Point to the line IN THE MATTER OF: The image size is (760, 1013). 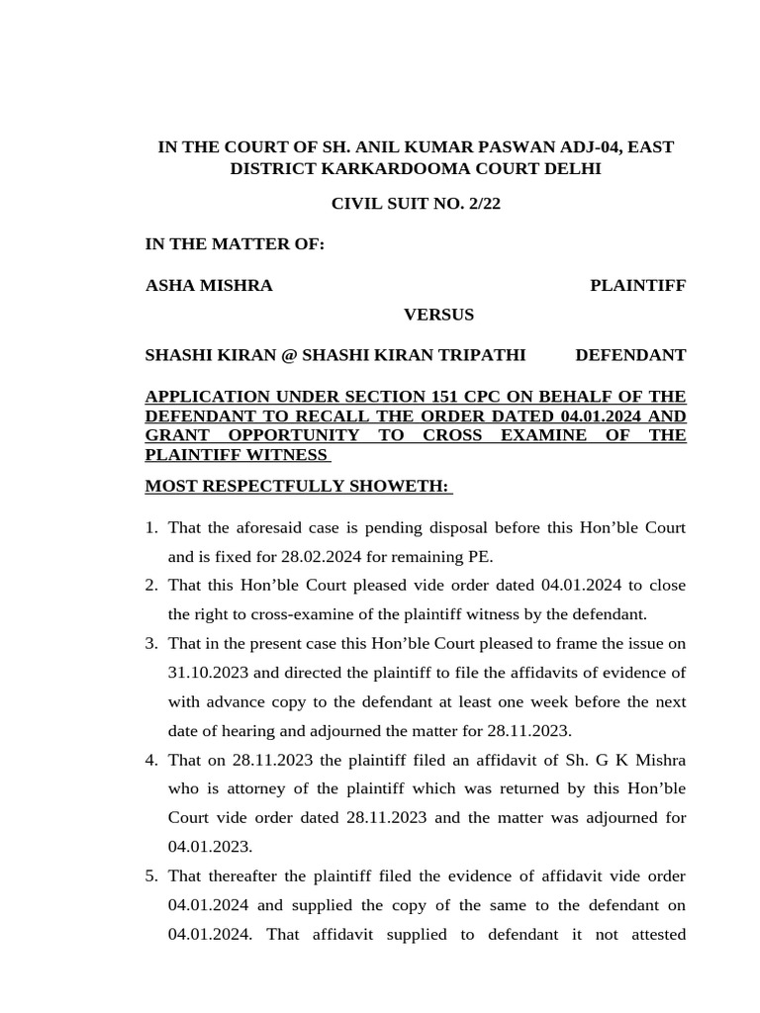click(x=235, y=244)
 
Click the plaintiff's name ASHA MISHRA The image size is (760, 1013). click(x=209, y=286)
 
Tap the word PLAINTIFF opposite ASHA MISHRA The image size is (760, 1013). click(x=637, y=286)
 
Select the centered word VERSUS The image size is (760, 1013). click(x=438, y=315)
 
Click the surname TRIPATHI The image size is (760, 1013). click(x=478, y=354)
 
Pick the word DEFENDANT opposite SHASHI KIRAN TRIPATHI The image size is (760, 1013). click(x=630, y=354)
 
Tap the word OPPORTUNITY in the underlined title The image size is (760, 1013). click(x=299, y=435)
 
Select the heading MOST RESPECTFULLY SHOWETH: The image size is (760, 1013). click(x=298, y=486)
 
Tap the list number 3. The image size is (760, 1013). click(x=151, y=644)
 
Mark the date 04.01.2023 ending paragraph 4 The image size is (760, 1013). click(x=210, y=846)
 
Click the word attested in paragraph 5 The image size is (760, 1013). click(x=654, y=934)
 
